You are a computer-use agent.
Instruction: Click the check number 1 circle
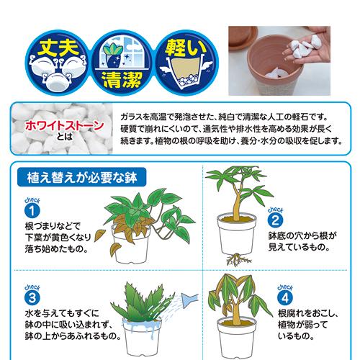(31, 211)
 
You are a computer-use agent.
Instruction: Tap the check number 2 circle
(274, 220)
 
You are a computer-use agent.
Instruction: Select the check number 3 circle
(31, 298)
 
